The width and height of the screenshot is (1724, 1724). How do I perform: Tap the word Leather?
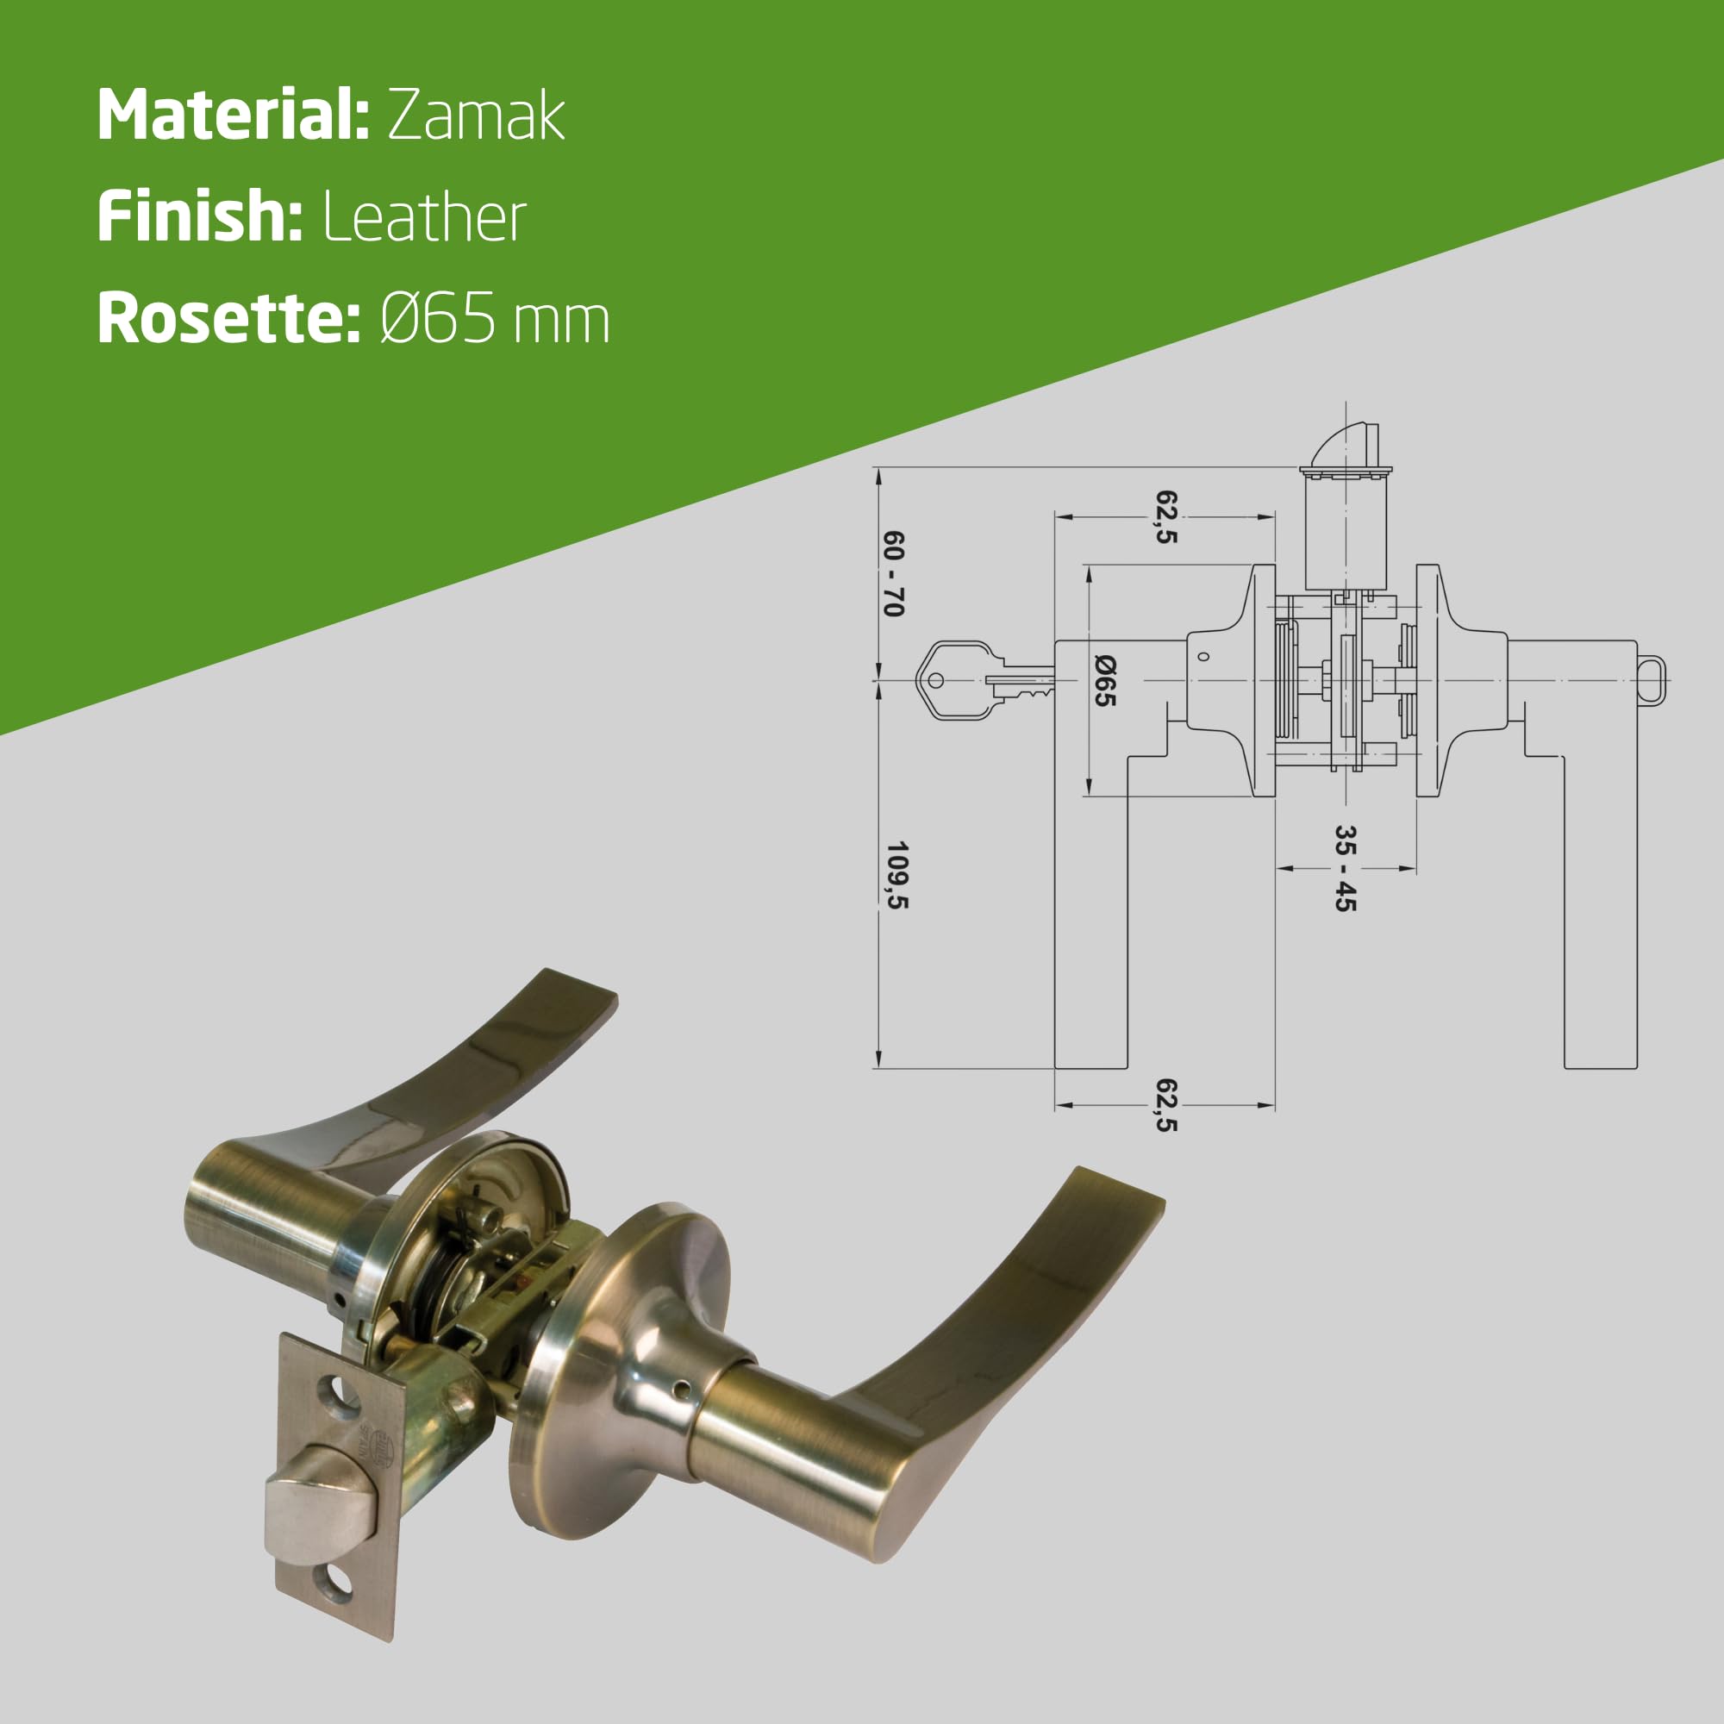(425, 217)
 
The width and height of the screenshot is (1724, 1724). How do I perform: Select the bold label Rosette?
(229, 319)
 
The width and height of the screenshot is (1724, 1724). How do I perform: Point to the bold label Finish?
(201, 217)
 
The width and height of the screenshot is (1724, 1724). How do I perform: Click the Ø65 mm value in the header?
(496, 319)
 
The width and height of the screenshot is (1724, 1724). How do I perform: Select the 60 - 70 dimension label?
(893, 574)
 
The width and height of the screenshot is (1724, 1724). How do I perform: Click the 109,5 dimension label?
(896, 874)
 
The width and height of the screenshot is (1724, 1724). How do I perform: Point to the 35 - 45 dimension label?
(1345, 868)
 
